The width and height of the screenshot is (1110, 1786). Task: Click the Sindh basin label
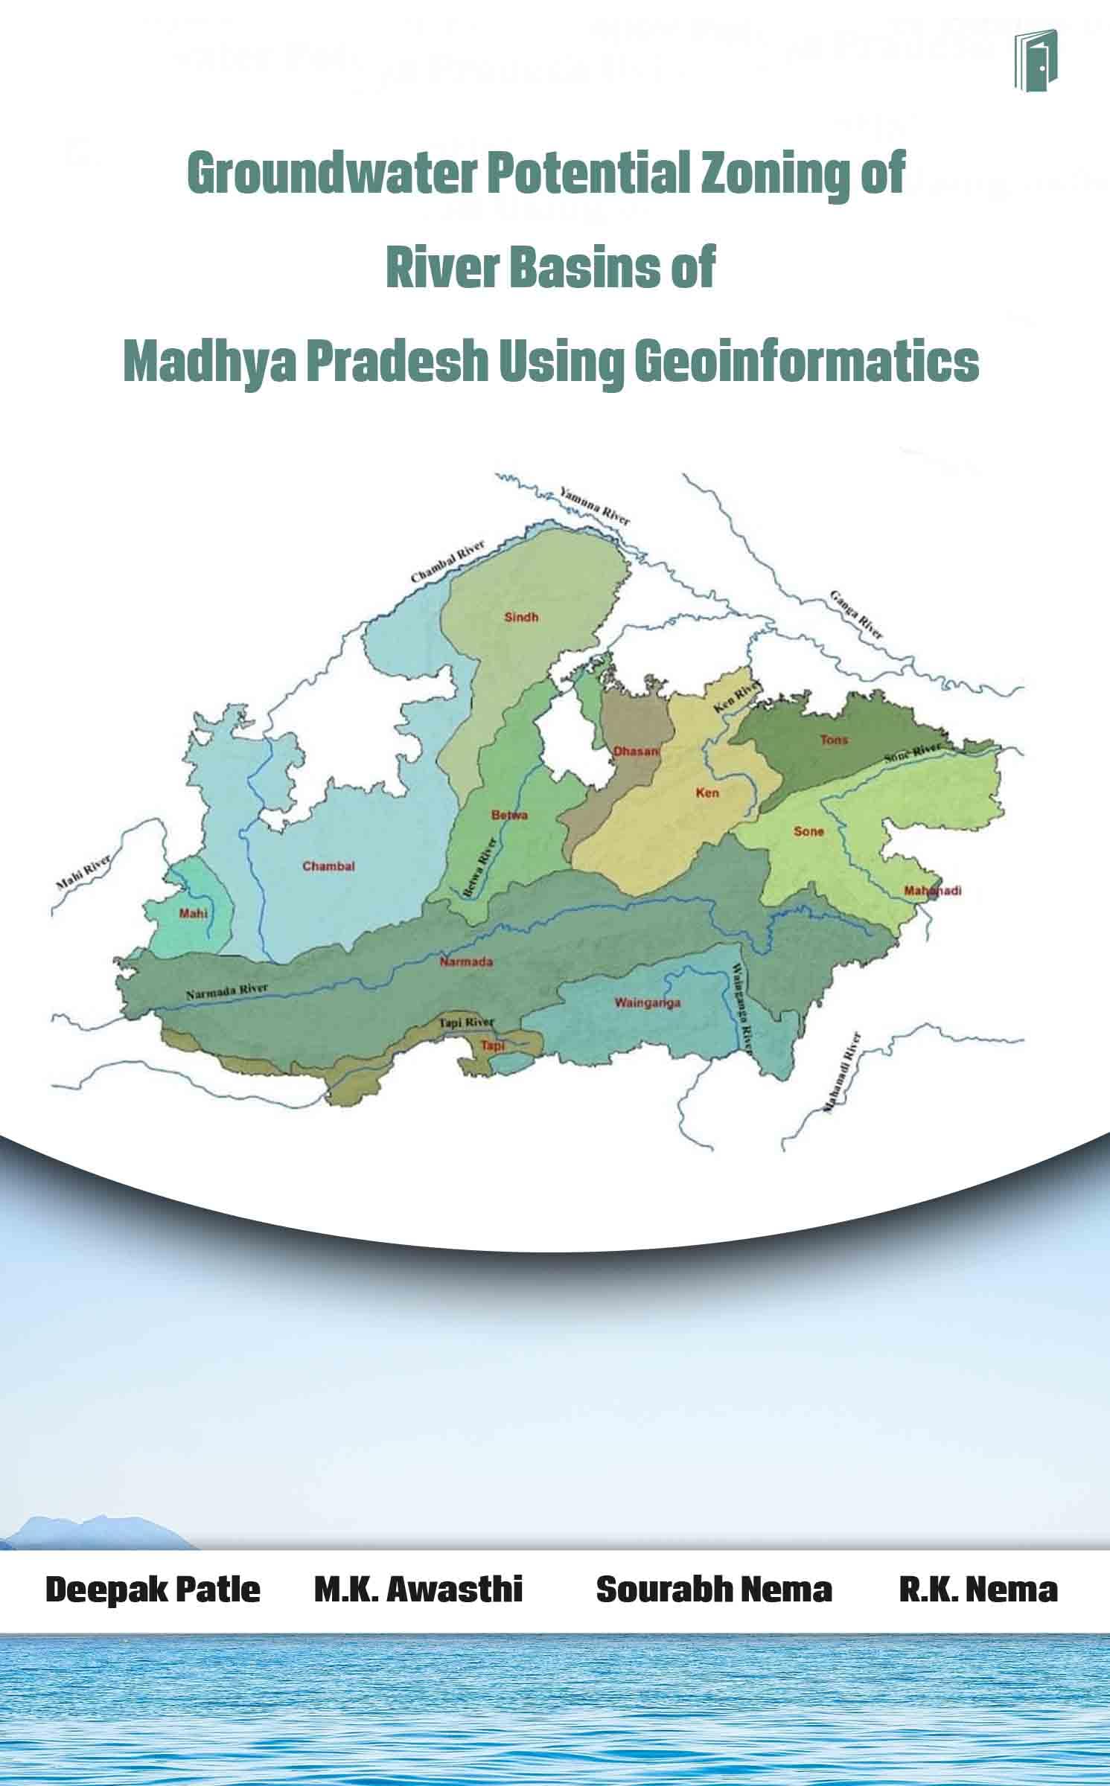coord(521,617)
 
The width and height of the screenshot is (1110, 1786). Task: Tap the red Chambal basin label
coord(328,866)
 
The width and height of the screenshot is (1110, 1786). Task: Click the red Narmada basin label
coord(466,961)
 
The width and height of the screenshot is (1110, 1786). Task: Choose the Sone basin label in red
coord(808,830)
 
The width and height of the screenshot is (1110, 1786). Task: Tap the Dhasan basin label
coord(636,751)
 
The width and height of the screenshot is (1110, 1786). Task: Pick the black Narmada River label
coord(226,991)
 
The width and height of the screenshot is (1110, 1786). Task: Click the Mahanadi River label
coord(843,1072)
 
